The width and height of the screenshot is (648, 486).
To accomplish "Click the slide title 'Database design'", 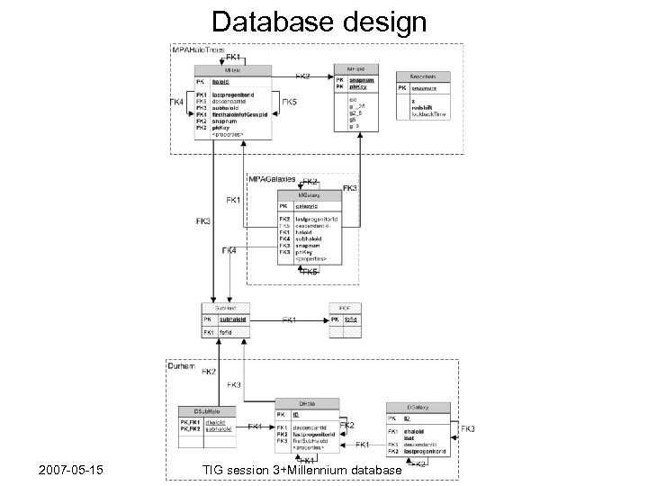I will click(x=323, y=21).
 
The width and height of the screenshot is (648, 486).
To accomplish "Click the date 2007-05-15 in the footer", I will click(x=70, y=469).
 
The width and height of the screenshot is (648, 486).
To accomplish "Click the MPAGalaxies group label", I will click(x=273, y=180).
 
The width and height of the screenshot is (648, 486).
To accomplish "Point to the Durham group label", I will click(x=184, y=366).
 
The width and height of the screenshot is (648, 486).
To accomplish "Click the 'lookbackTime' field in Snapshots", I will click(x=430, y=115).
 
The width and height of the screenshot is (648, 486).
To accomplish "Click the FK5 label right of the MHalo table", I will click(x=292, y=103).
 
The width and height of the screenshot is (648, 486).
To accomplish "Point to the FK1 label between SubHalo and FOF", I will click(x=291, y=319).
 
